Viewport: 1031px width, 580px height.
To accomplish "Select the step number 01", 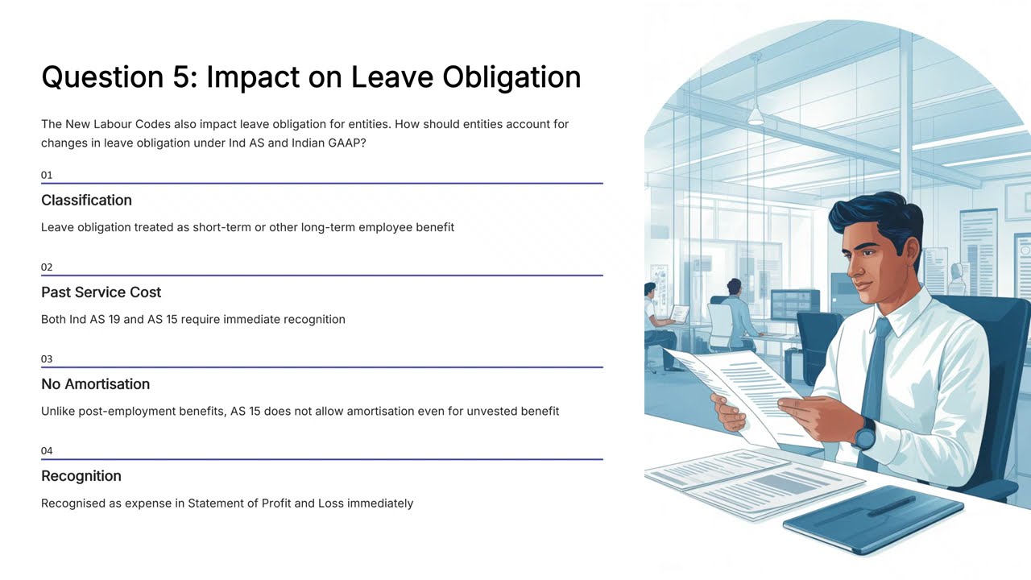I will click(x=47, y=175).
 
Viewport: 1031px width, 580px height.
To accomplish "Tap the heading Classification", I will click(x=86, y=200).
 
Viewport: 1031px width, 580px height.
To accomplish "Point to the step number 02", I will click(x=47, y=267).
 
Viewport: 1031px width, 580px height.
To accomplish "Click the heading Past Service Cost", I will click(x=101, y=292).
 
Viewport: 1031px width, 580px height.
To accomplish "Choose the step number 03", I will click(x=47, y=358).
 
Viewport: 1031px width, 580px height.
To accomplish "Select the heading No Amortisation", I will click(x=95, y=383).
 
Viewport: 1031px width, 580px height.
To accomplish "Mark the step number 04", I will click(x=47, y=450).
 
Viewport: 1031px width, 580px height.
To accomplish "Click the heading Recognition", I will click(x=81, y=475).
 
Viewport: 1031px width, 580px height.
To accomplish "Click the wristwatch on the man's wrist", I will click(x=864, y=436).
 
